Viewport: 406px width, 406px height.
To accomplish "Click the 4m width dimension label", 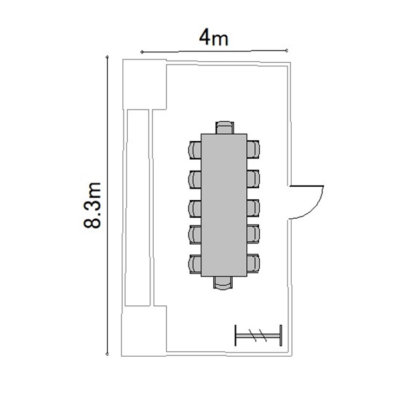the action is [214, 38].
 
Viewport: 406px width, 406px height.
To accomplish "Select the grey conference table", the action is [224, 205].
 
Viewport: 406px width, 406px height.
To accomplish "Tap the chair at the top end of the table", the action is [225, 127].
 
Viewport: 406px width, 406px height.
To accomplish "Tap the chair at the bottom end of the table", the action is [222, 283].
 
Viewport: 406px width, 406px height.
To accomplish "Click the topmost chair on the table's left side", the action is [195, 150].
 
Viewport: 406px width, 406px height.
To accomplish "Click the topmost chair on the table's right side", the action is [253, 149].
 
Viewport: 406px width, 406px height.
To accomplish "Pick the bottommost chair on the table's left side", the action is [195, 264].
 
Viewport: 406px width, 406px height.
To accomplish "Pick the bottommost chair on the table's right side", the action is [253, 263].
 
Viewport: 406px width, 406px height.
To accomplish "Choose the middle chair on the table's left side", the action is [195, 209].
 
